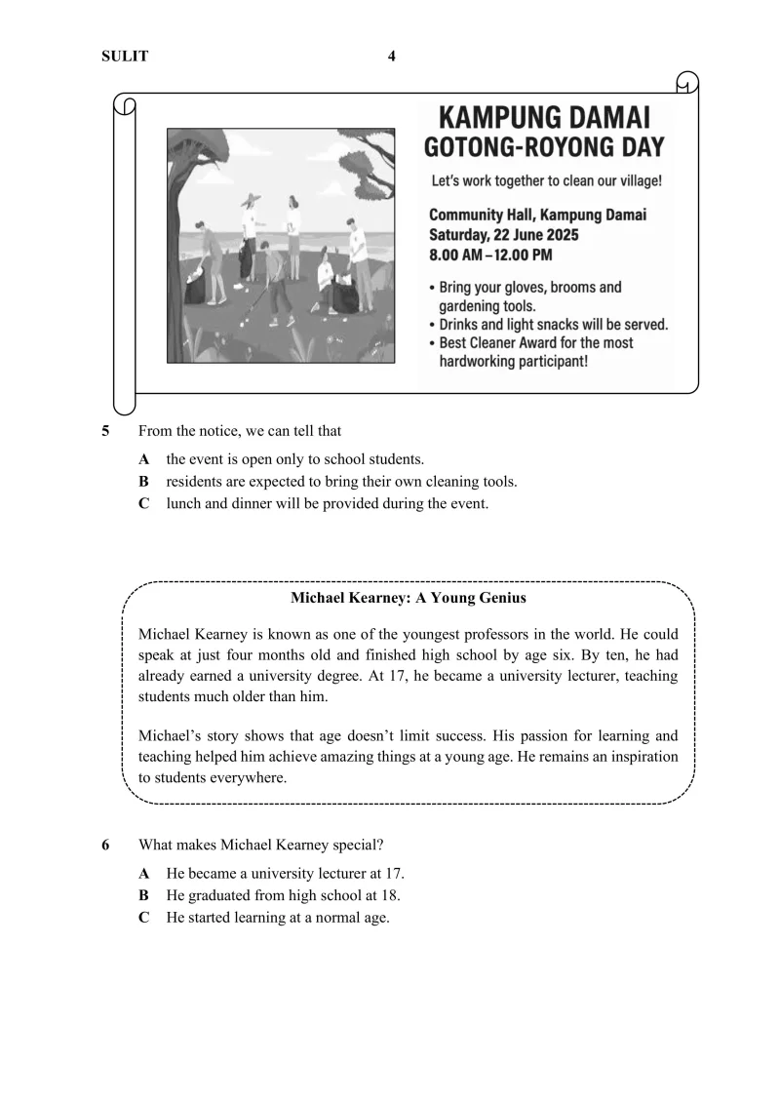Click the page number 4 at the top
point(392,56)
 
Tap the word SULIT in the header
point(125,57)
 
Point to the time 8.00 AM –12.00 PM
point(490,256)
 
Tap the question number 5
point(105,431)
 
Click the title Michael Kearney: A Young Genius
point(409,598)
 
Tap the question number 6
point(105,845)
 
